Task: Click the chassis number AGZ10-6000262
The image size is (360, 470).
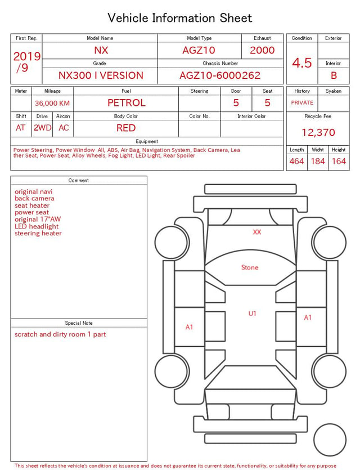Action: tap(220, 75)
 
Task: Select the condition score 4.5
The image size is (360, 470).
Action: tap(302, 63)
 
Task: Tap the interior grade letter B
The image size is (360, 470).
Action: tap(334, 75)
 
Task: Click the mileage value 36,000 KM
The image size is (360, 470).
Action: tap(52, 104)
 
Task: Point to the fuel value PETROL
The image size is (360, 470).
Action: tap(127, 103)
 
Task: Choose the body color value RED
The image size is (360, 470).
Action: tap(126, 128)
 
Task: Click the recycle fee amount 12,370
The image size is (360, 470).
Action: tap(318, 132)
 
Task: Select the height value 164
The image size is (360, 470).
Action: tap(339, 161)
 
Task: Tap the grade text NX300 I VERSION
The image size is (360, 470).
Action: tap(101, 75)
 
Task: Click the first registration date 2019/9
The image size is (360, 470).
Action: tap(26, 62)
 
